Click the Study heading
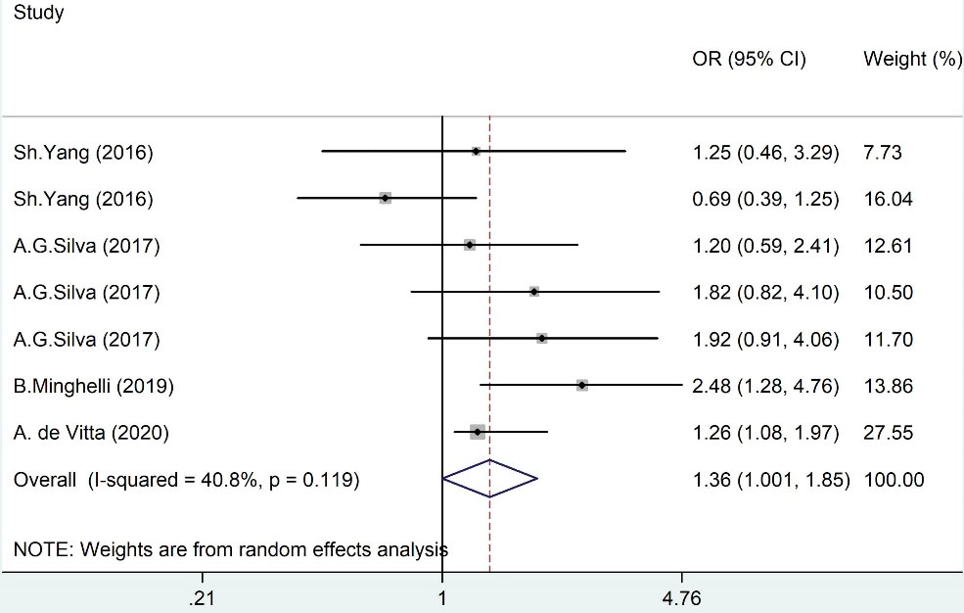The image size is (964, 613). pyautogui.click(x=38, y=15)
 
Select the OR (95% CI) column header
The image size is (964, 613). pyautogui.click(x=749, y=60)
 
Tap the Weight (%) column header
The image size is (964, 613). pyautogui.click(x=912, y=60)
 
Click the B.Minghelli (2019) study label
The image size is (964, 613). pyautogui.click(x=94, y=386)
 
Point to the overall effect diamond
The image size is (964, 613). pyautogui.click(x=489, y=479)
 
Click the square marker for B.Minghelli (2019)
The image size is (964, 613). pyautogui.click(x=582, y=386)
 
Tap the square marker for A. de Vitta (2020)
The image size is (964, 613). pyautogui.click(x=478, y=432)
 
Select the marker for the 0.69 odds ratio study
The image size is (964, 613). pyautogui.click(x=386, y=198)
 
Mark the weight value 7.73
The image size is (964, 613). pyautogui.click(x=883, y=153)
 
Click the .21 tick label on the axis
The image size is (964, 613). pyautogui.click(x=204, y=596)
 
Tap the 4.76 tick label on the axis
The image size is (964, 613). pyautogui.click(x=681, y=596)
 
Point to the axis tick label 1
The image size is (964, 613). pyautogui.click(x=442, y=596)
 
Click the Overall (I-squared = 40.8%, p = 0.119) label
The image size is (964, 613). pyautogui.click(x=187, y=480)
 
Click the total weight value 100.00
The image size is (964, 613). pyautogui.click(x=894, y=480)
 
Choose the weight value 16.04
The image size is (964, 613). pyautogui.click(x=888, y=199)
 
